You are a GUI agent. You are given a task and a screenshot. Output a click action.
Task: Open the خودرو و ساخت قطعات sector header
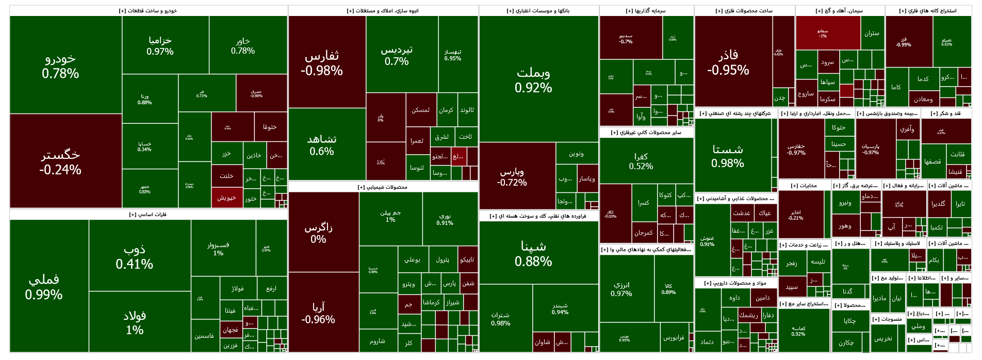click(x=148, y=11)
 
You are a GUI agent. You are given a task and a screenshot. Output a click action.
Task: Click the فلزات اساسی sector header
click(x=148, y=215)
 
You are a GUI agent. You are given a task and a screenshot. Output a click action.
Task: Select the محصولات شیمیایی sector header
click(x=383, y=187)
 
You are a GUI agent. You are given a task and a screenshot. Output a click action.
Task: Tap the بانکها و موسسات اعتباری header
click(x=538, y=11)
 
